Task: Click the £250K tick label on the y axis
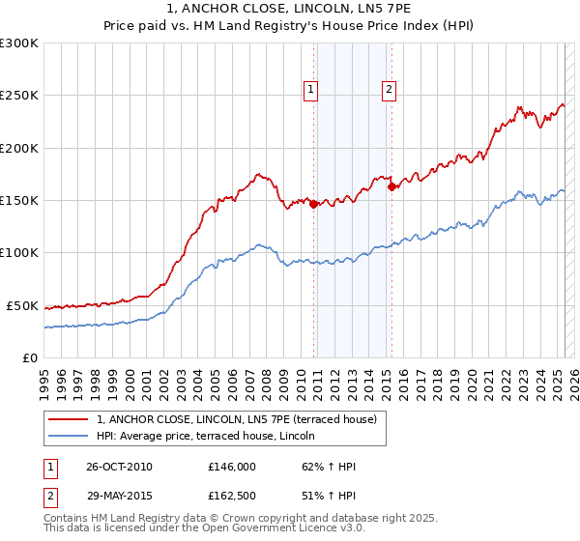coord(19,96)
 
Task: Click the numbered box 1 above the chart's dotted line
coord(311,91)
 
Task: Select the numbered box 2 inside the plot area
coord(389,91)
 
